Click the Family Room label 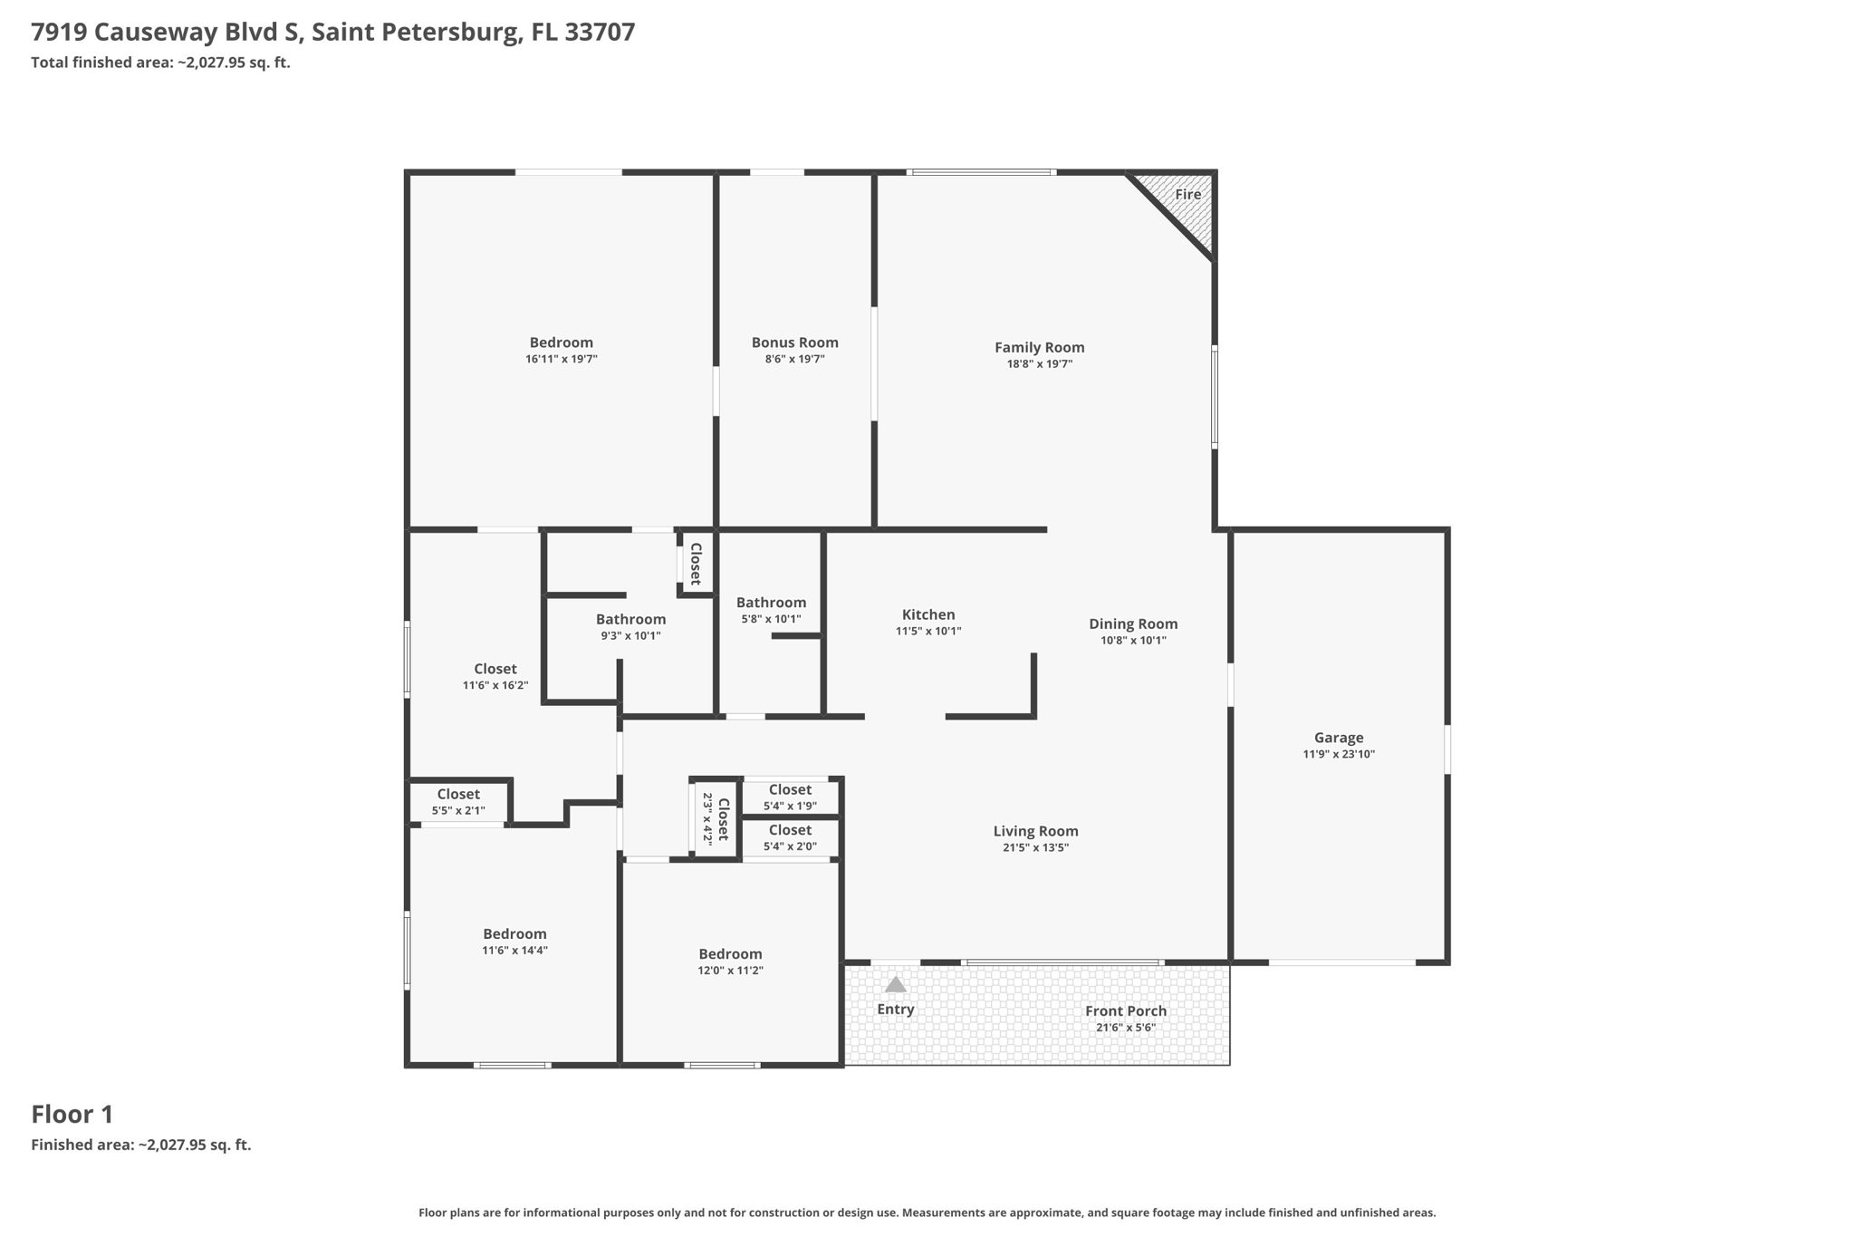click(1039, 347)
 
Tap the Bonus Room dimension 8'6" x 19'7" click(794, 360)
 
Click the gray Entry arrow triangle click(895, 985)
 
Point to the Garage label click(1338, 738)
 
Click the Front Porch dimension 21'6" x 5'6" click(1125, 1028)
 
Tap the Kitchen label click(927, 614)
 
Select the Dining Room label click(1132, 623)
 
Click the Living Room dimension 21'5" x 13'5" click(1035, 848)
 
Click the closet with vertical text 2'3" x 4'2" click(716, 817)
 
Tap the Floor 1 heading click(72, 1114)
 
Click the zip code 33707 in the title click(600, 33)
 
